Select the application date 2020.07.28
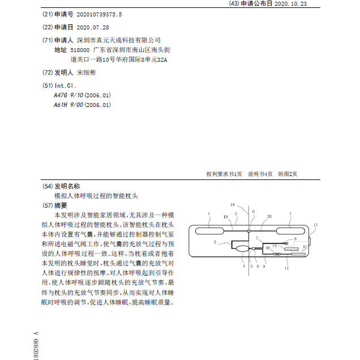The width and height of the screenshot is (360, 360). tap(92, 27)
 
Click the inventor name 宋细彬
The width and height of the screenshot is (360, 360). tap(87, 73)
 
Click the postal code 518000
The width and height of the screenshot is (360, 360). tap(79, 50)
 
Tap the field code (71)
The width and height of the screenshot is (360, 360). tap(47, 40)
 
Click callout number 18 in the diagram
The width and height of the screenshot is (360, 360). tap(232, 204)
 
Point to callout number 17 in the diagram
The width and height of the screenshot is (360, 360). tap(315, 225)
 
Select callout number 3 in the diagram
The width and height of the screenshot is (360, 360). tap(215, 242)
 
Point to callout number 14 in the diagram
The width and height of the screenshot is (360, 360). tap(275, 246)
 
